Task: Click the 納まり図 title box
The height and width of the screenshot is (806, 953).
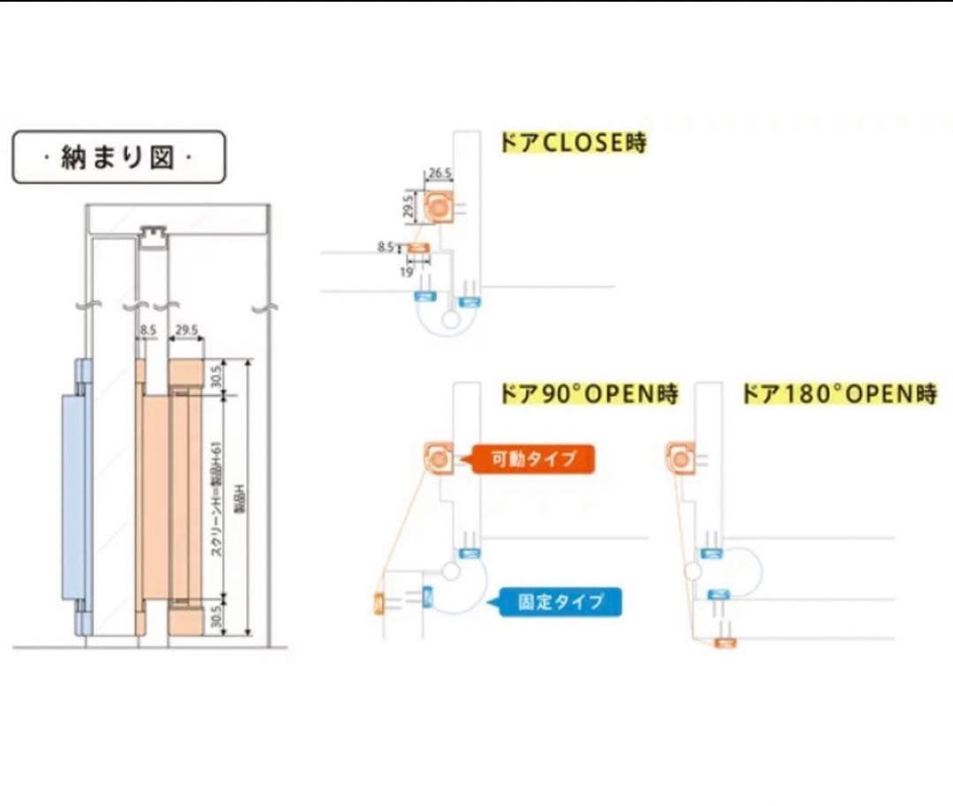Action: click(x=118, y=158)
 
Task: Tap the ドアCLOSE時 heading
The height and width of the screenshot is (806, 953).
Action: click(x=574, y=143)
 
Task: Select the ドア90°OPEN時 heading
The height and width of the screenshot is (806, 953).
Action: click(x=589, y=394)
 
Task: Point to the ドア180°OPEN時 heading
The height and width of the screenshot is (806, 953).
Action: click(x=839, y=394)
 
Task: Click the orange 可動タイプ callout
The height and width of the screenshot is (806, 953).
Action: click(x=533, y=459)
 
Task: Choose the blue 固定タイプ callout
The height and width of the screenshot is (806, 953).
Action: click(x=560, y=602)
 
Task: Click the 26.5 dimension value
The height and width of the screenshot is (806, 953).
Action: click(x=439, y=174)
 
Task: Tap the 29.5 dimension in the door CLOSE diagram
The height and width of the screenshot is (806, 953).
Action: click(x=408, y=208)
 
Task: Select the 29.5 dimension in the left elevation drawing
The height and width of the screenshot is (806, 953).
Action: click(x=186, y=331)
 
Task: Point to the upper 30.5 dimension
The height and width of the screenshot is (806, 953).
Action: click(x=215, y=377)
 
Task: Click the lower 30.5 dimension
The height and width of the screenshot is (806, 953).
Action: click(x=215, y=615)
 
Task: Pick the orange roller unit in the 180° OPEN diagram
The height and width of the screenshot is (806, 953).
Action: click(x=679, y=457)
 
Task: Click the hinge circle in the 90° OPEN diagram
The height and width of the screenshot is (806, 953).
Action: click(x=451, y=571)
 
